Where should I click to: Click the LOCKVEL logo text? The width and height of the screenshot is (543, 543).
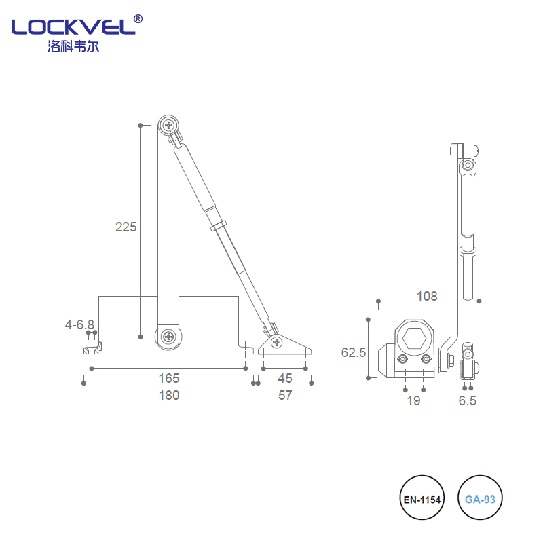click(71, 28)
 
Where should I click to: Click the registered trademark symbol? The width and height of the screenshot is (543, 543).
click(138, 18)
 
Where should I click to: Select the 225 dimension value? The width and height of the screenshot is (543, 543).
click(126, 227)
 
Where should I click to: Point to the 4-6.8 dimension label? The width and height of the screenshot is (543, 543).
click(79, 324)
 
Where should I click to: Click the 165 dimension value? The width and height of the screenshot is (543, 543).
click(168, 378)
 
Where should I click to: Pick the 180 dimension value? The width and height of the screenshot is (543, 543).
click(168, 395)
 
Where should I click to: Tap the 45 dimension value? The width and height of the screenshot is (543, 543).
click(285, 378)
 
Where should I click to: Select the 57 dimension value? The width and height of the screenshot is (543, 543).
click(285, 395)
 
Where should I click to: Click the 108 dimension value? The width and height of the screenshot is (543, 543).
click(427, 296)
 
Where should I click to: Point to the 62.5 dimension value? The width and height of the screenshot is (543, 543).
click(354, 352)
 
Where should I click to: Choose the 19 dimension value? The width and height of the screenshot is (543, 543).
click(413, 400)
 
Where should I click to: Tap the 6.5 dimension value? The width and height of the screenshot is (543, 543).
click(468, 400)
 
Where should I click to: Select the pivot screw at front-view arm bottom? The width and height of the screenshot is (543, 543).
click(168, 336)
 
